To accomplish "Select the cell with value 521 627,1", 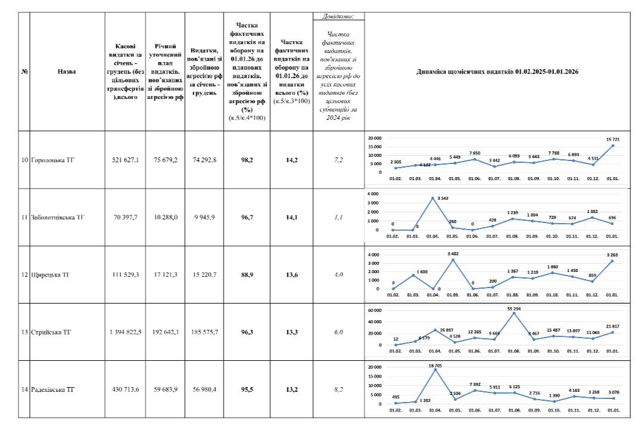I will (x=125, y=160).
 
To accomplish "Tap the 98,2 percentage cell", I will (x=247, y=160).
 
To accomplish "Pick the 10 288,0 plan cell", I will (x=165, y=217).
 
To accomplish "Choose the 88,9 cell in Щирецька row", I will (x=247, y=275).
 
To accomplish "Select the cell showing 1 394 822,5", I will (x=125, y=332).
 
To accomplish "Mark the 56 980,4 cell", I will (x=205, y=389).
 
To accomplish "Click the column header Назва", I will (x=67, y=71).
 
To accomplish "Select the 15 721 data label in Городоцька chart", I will (x=612, y=140).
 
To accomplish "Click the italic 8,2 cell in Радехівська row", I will (x=339, y=389).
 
